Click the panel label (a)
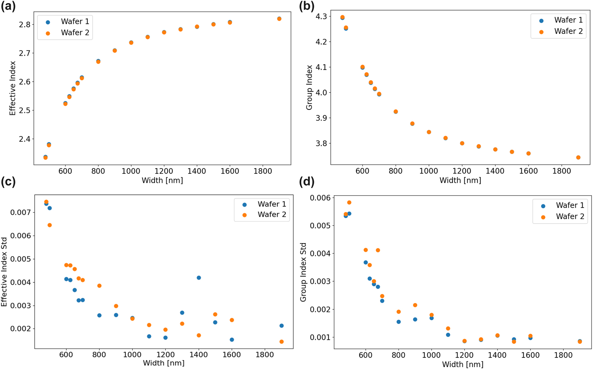tap(8, 7)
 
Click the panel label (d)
tap(306, 182)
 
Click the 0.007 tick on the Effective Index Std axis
tap(20, 212)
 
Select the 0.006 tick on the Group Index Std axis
tap(320, 197)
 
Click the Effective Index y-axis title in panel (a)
tap(13, 88)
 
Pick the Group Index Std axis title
tap(303, 272)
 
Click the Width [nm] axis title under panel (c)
tap(164, 363)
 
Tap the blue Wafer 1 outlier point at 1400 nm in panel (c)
tap(199, 278)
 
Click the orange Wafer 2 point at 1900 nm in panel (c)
tap(281, 342)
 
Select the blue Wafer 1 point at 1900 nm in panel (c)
tap(281, 326)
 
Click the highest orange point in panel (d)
tap(349, 203)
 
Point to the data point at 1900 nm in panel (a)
tap(279, 19)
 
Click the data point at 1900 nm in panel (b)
tap(578, 158)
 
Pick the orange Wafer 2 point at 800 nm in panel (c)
tap(99, 286)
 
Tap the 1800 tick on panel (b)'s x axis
tap(561, 171)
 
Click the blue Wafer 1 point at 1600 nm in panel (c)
tap(232, 340)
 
